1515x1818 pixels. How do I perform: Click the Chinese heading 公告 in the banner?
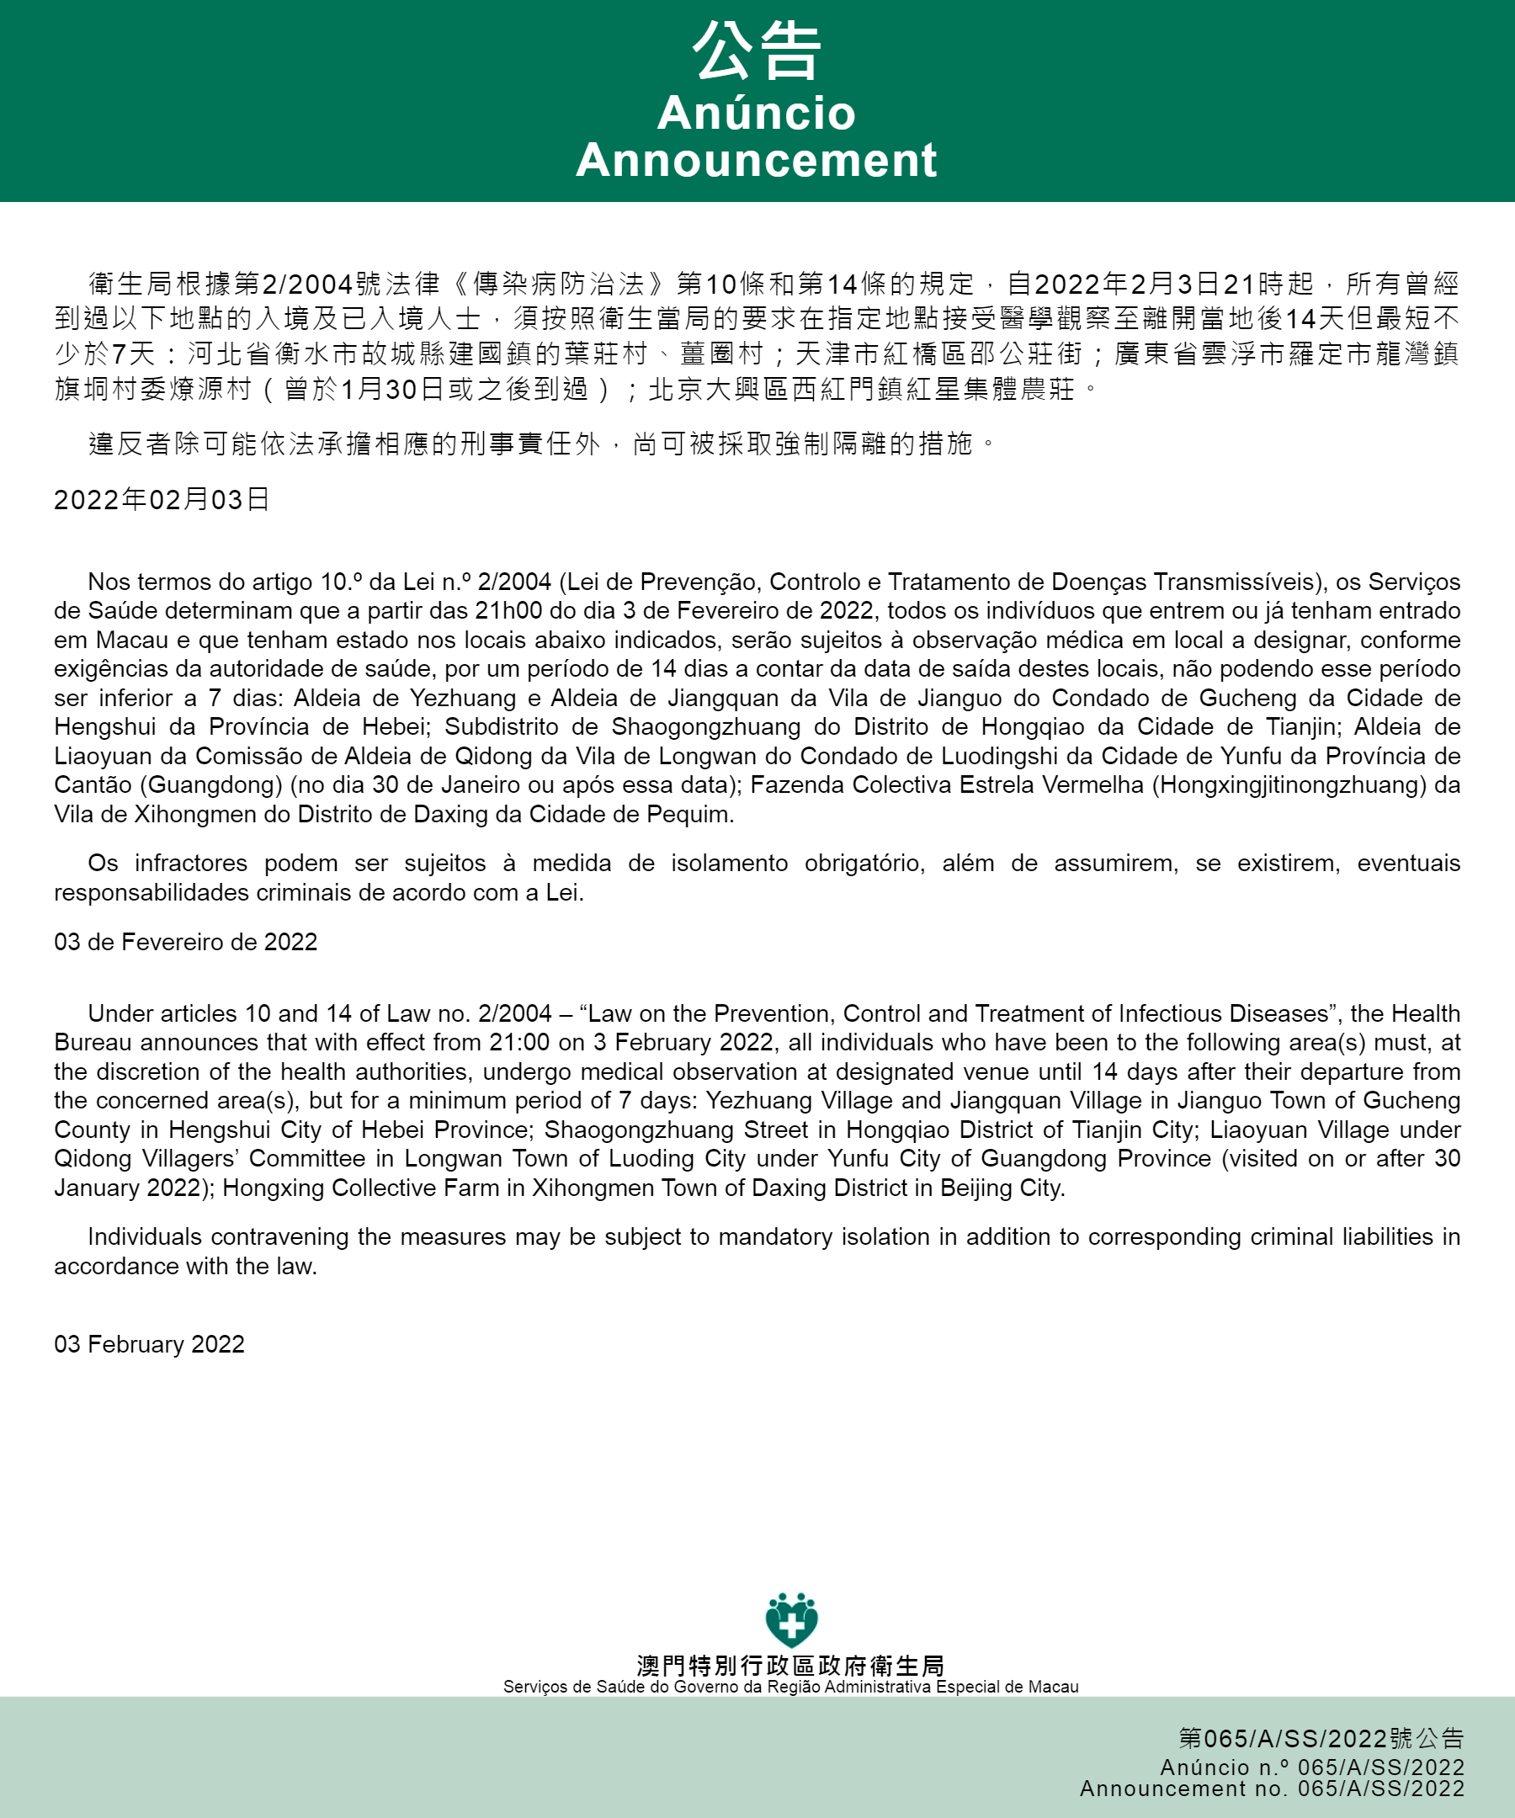point(756,52)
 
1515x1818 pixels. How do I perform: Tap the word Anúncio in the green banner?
point(756,114)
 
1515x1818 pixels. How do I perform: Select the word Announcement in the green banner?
point(756,160)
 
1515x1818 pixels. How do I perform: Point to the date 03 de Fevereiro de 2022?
point(185,942)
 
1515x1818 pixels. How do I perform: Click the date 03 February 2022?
point(149,1344)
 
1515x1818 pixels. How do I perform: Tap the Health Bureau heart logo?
point(791,1619)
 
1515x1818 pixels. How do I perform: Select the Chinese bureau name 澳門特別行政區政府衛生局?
point(790,1666)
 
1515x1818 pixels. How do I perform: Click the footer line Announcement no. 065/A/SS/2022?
point(1272,1789)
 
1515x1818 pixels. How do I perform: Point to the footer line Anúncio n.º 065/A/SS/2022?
point(1311,1767)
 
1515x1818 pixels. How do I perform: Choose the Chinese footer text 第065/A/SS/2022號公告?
point(1321,1738)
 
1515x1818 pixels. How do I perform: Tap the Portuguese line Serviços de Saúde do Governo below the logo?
point(790,1687)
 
